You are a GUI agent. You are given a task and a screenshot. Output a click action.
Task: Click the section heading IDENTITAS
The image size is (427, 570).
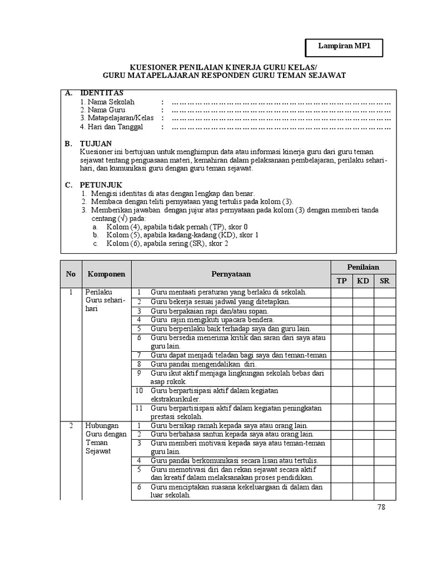pos(102,93)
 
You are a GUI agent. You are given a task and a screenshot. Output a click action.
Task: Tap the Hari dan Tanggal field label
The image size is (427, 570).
pos(111,126)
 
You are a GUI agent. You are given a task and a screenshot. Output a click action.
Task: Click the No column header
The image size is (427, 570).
pos(71,274)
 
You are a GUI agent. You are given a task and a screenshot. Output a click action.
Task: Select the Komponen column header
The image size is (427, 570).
pos(106,274)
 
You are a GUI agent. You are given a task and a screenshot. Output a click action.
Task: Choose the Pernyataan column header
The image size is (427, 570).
pos(231,274)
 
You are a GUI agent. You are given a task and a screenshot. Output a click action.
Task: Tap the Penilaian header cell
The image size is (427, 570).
pos(363,267)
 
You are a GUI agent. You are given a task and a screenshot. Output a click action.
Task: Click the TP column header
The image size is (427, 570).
pos(341,281)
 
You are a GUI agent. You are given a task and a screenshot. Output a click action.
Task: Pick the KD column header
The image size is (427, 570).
pos(363,281)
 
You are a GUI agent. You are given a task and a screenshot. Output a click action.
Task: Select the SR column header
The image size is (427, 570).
pos(385,281)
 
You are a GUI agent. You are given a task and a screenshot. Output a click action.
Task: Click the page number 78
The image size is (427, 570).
pos(381,507)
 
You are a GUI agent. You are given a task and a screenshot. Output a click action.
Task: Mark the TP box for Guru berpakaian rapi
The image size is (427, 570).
pos(341,311)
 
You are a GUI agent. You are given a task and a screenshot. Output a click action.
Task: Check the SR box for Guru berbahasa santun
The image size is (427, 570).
pos(385,434)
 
